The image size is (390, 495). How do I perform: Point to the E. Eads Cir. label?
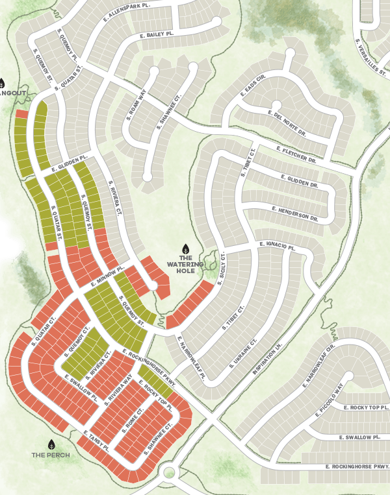(253, 86)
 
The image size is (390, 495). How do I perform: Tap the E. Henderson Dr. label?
(296, 215)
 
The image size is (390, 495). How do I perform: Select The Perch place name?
(51, 455)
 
